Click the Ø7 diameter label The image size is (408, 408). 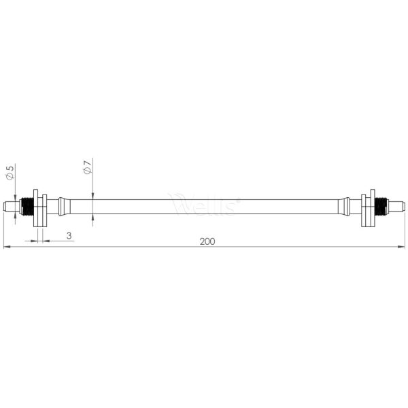point(87,167)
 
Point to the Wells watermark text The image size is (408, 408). point(204,204)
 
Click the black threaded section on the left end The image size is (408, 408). point(27,205)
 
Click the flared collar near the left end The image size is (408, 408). point(61,205)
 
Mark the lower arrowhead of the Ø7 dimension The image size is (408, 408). point(92,217)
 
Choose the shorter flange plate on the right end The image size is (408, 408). point(372,205)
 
